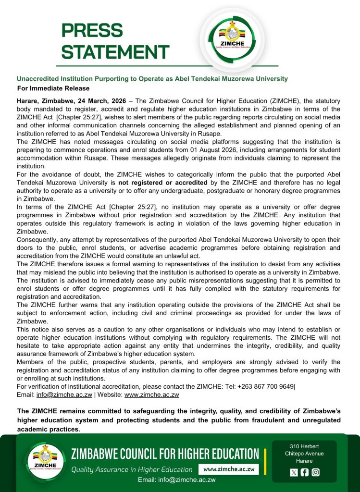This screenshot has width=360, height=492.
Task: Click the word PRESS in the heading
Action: [x=92, y=31]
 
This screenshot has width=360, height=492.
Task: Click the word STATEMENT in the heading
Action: [x=115, y=52]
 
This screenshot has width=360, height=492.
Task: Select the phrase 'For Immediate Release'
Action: [x=53, y=88]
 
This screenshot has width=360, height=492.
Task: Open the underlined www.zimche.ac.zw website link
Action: [x=151, y=394]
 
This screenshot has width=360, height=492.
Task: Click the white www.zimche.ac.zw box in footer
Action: [x=228, y=469]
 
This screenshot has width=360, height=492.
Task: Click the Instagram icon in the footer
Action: [x=315, y=472]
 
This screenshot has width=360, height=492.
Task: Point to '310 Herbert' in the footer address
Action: [x=304, y=446]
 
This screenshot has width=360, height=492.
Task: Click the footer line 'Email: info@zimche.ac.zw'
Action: [x=176, y=480]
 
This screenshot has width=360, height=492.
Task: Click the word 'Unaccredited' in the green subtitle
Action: [x=38, y=78]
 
